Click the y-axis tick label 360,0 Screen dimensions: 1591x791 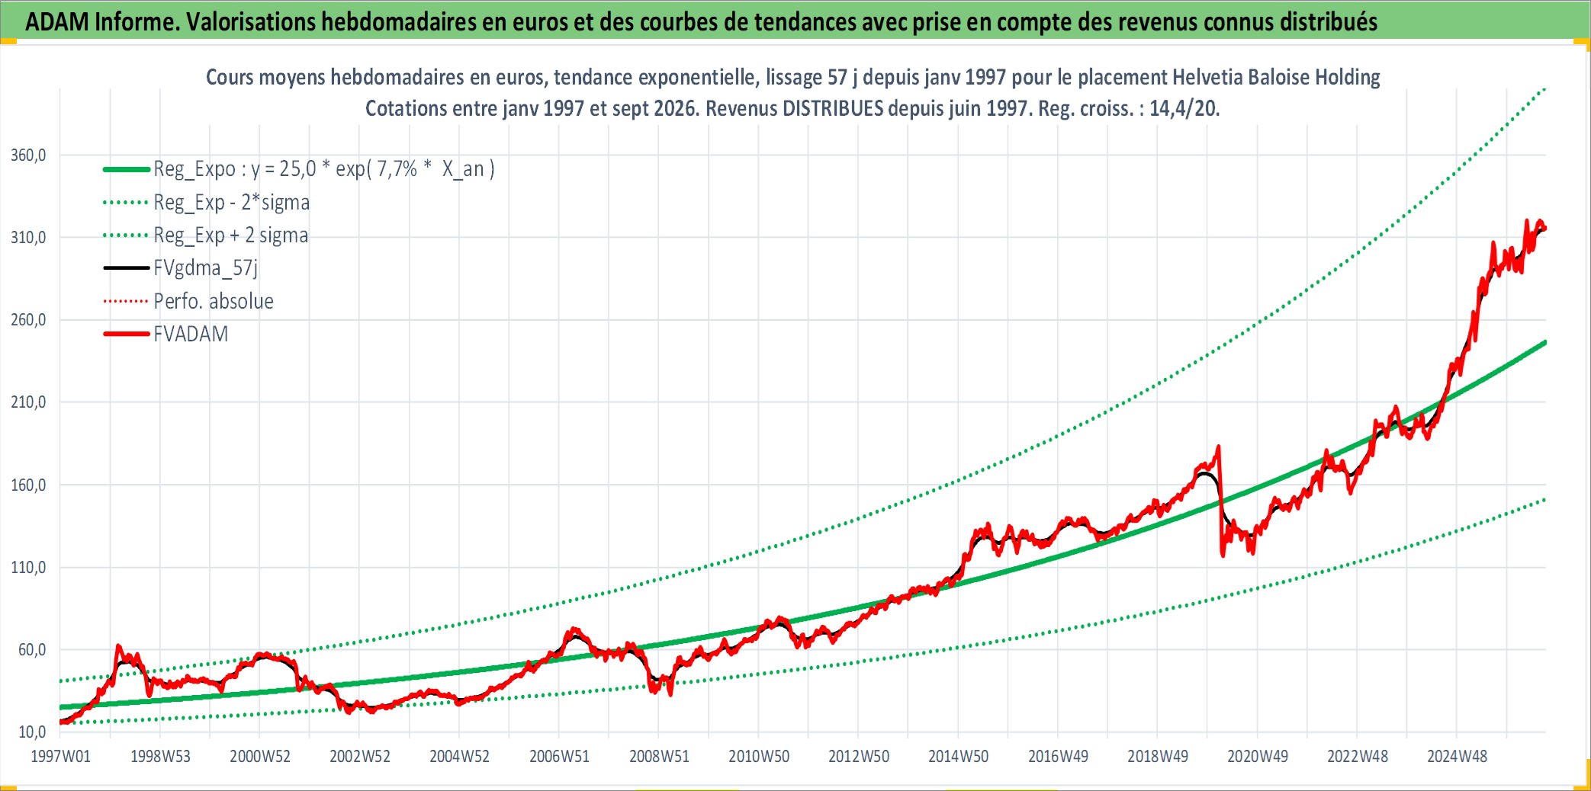pos(28,155)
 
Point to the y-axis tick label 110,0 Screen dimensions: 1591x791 pos(28,568)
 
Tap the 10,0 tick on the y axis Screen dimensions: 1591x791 pos(32,732)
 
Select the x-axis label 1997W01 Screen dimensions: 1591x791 pos(60,757)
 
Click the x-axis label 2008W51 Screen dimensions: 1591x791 pos(659,757)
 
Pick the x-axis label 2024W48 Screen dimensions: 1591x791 pos(1457,757)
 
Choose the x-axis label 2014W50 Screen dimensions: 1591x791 pos(958,757)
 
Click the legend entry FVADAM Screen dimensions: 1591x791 pos(191,334)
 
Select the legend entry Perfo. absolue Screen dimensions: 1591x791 pos(214,301)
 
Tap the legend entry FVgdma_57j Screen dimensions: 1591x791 pos(206,268)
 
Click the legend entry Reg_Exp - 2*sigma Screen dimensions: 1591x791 pos(232,203)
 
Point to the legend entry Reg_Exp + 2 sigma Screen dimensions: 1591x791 pos(231,235)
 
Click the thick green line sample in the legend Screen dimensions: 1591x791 pos(127,169)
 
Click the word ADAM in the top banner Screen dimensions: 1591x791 pos(57,22)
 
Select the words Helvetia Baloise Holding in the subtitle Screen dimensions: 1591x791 pos(1276,77)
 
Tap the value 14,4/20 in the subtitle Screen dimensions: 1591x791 pos(1182,108)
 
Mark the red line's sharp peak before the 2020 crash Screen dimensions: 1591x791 pos(1218,447)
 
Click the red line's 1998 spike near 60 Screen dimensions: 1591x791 pos(118,646)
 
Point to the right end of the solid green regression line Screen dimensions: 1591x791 pos(1545,342)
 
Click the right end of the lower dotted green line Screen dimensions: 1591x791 pos(1545,499)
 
